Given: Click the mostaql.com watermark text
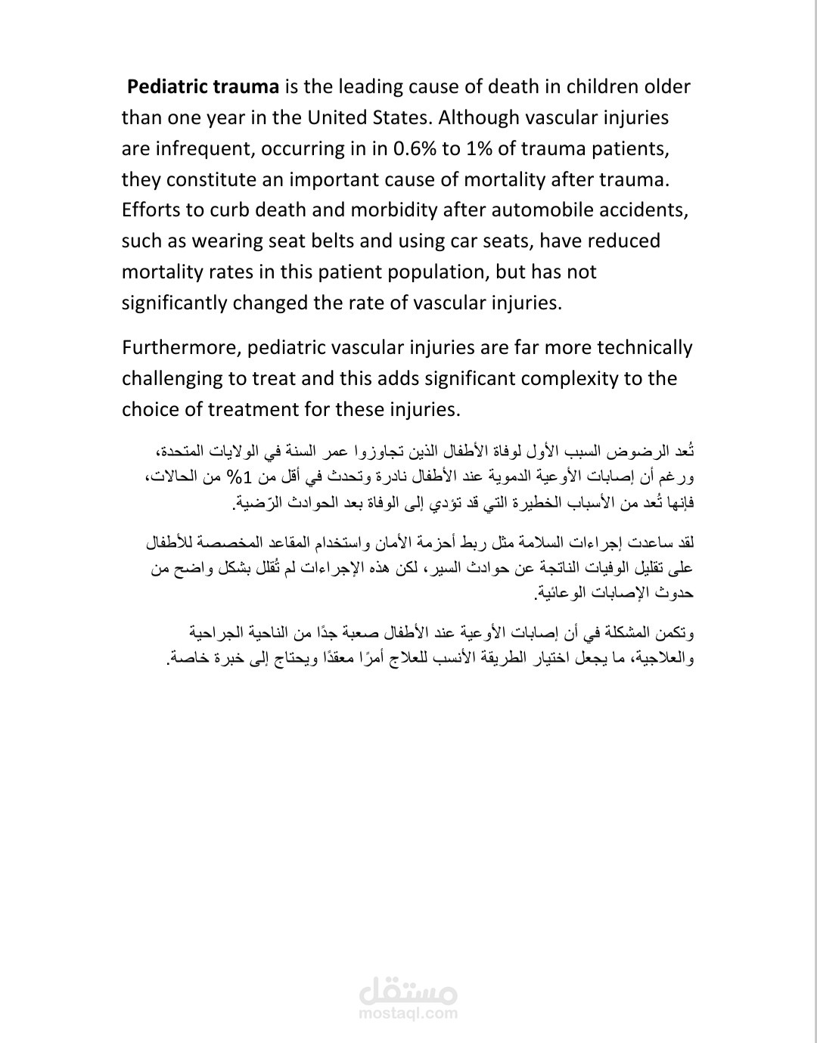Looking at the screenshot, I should pyautogui.click(x=408, y=1014).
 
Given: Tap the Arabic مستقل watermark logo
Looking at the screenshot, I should pyautogui.click(x=408, y=989).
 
